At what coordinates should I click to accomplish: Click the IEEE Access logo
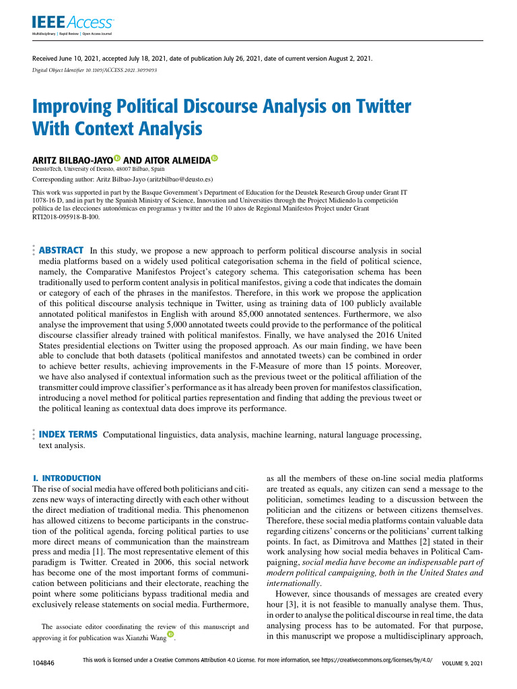[x=73, y=24]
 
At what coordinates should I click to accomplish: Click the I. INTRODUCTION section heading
[x=67, y=478]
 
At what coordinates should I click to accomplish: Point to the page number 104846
[x=44, y=663]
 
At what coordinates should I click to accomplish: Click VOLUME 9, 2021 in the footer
[x=462, y=663]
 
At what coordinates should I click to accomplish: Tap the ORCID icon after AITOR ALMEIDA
[x=215, y=159]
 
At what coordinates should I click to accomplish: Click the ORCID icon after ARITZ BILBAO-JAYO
[x=117, y=159]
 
